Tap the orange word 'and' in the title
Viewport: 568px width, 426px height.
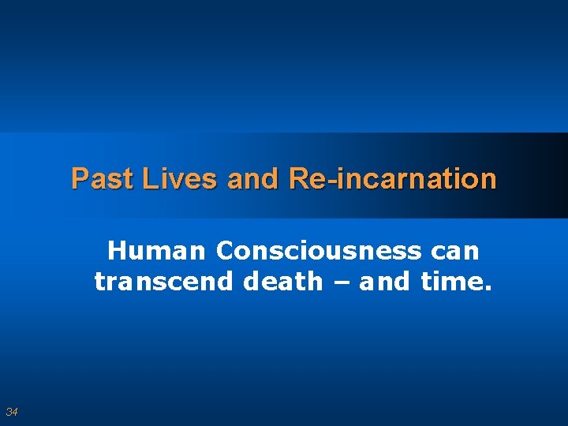coord(252,179)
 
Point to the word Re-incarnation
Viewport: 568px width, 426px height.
coord(393,179)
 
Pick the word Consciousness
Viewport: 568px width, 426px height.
coord(318,251)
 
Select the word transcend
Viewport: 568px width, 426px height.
coord(165,281)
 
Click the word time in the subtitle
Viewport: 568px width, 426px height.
coord(452,281)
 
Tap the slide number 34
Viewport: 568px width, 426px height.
coord(12,412)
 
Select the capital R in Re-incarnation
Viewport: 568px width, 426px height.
coord(298,179)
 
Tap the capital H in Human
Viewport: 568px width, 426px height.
coord(116,251)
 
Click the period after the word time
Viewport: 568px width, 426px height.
coord(487,287)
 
